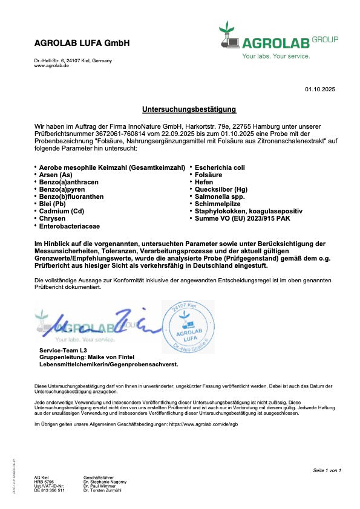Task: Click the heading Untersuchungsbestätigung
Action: point(189,109)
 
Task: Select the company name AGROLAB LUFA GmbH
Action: point(82,43)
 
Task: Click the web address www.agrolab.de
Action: point(51,65)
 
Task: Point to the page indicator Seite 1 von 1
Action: point(327,470)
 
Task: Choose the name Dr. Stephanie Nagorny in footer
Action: point(105,481)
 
